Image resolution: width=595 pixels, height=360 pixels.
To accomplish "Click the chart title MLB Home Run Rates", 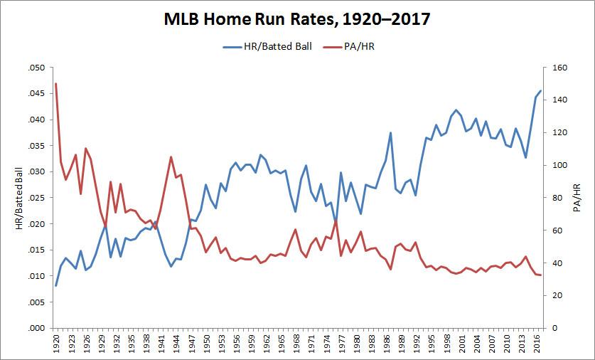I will point(297,19).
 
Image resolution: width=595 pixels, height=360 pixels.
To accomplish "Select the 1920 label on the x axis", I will point(56,344).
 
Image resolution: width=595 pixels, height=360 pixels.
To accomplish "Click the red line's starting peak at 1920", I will point(55,84).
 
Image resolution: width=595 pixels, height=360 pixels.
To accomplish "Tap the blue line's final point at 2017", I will point(541,91).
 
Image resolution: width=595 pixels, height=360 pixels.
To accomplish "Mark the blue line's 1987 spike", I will point(390,133).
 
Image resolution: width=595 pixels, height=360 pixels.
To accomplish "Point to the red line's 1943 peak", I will point(171,157).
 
